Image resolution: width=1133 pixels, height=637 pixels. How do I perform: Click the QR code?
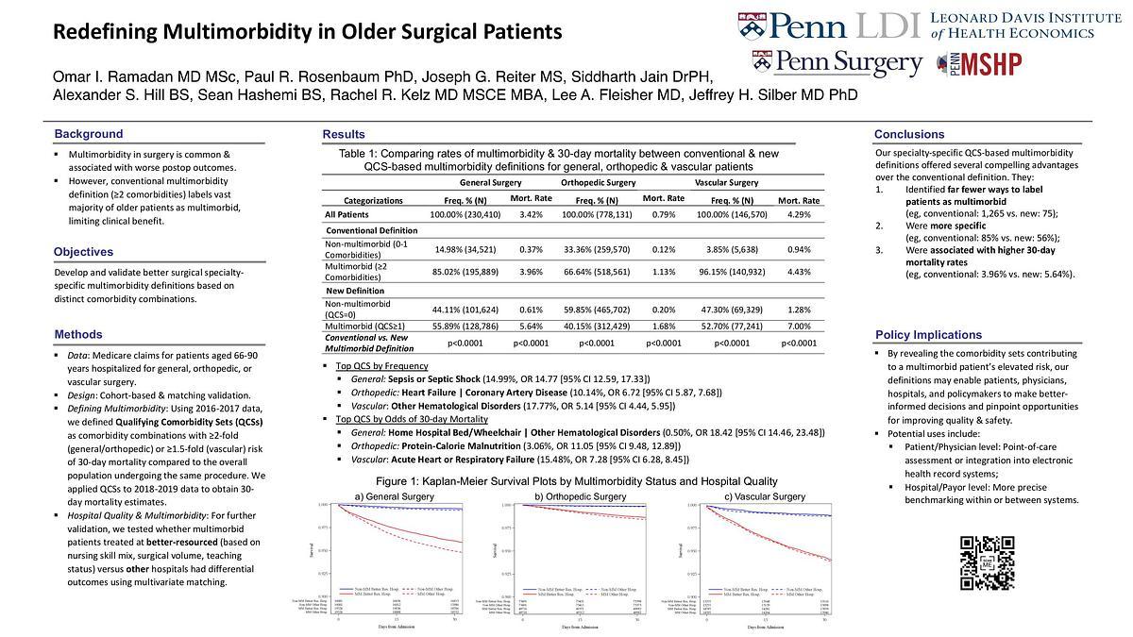988,562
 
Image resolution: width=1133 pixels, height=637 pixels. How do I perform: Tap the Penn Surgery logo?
837,64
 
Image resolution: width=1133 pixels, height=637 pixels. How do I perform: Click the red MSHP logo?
979,64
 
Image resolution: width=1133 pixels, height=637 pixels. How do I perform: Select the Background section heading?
89,134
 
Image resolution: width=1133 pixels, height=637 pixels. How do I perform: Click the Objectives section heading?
83,252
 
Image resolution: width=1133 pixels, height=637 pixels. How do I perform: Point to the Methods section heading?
78,334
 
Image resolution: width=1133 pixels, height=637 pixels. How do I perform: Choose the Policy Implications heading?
928,335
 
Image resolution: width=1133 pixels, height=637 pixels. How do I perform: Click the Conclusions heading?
909,134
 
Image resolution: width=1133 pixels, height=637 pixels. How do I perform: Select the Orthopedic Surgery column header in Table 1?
598,182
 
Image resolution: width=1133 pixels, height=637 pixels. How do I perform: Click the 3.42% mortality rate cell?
531,215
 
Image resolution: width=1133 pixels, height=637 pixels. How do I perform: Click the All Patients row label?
348,215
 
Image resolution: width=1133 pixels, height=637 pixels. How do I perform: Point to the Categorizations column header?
373,200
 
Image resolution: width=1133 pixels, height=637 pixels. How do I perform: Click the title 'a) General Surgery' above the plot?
395,496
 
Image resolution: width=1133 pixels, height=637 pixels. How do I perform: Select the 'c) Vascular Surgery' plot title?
765,496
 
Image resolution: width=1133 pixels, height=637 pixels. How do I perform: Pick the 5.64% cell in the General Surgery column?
531,325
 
